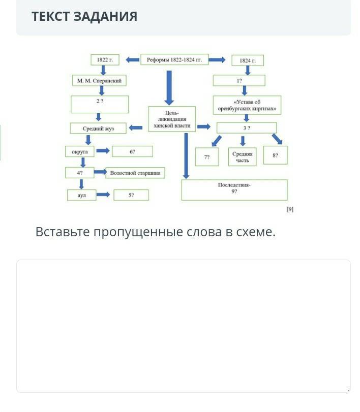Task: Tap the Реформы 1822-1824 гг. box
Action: [174, 60]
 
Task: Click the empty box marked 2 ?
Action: [100, 104]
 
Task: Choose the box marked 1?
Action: [239, 80]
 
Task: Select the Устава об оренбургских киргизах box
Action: [247, 105]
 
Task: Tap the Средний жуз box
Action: [98, 129]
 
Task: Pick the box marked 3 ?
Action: [247, 128]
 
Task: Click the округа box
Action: [80, 151]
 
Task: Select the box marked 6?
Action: [132, 151]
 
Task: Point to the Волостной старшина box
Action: [135, 173]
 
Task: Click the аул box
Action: [81, 195]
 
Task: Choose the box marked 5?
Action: [131, 195]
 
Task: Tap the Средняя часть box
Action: [243, 156]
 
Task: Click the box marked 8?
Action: [275, 155]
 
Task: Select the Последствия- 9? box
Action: [234, 189]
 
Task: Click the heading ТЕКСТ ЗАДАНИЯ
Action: [84, 16]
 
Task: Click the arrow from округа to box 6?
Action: [103, 151]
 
